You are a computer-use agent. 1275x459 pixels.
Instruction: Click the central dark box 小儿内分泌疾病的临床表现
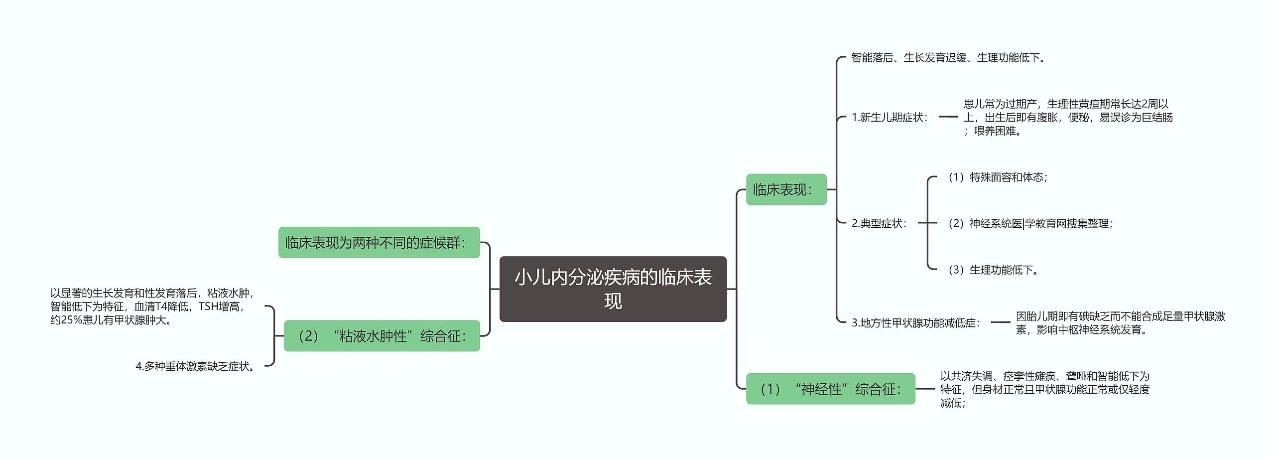point(613,289)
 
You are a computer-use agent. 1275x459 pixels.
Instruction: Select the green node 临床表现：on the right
point(786,189)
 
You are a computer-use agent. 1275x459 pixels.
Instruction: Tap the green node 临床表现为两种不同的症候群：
point(379,243)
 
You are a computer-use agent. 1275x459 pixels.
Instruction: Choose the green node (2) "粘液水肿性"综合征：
point(382,336)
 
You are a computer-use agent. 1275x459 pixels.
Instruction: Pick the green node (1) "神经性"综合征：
point(830,389)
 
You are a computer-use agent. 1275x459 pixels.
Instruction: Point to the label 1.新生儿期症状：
point(890,118)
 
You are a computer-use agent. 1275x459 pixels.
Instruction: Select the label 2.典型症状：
point(880,223)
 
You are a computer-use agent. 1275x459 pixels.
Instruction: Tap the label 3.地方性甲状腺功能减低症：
point(915,323)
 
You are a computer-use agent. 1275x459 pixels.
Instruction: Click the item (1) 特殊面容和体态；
point(997,177)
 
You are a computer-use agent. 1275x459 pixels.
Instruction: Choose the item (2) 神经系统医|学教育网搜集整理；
point(1029,224)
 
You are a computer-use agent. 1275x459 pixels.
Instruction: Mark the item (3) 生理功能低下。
point(992,270)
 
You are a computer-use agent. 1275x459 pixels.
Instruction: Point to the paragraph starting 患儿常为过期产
point(1068,118)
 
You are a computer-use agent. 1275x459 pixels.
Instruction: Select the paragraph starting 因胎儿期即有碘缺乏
point(1120,323)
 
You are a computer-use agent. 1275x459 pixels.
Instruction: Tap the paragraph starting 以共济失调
point(1044,389)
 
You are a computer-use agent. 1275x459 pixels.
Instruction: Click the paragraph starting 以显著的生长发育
point(152,306)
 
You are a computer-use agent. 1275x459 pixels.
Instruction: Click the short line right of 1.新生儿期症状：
point(948,117)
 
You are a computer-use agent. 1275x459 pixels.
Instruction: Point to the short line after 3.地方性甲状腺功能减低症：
point(1000,322)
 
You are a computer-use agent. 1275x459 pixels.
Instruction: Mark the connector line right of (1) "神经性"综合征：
point(925,389)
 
